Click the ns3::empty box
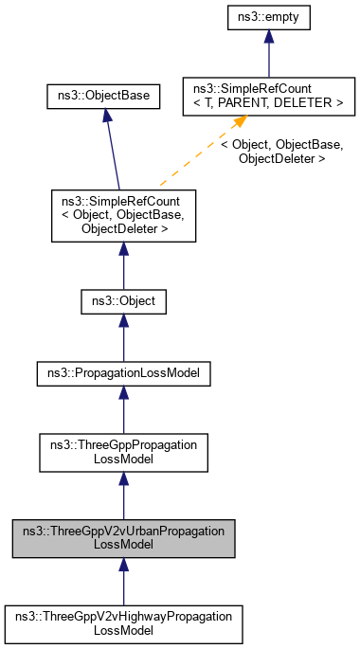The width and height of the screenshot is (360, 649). (269, 16)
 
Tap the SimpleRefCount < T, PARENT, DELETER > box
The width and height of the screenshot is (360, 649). (269, 95)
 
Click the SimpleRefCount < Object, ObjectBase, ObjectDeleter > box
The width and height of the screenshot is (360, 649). (123, 214)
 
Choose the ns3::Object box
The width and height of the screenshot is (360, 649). (123, 302)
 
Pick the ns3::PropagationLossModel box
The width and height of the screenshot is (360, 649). (123, 374)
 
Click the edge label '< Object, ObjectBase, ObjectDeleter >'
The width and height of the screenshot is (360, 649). (281, 153)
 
